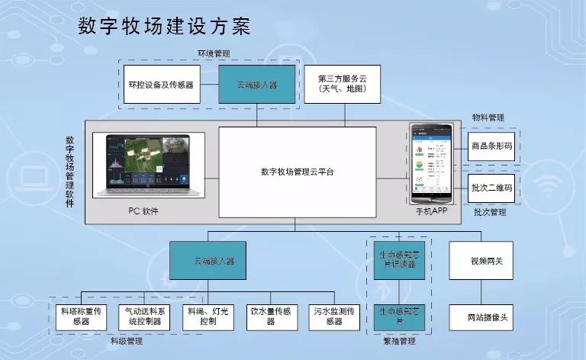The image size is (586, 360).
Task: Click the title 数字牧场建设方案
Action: tap(164, 26)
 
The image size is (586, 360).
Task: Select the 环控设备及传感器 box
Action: tap(161, 85)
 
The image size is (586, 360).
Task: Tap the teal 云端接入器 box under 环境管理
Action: tap(257, 84)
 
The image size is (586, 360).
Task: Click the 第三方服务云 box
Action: tap(341, 84)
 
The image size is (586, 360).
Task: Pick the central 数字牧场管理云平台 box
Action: tap(297, 172)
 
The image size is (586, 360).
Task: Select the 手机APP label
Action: tap(433, 211)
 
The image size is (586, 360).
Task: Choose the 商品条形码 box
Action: tap(491, 145)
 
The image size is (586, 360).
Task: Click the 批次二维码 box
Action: tap(491, 188)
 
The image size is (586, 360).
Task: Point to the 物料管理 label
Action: tap(488, 117)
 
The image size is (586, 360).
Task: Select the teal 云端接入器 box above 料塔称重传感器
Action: tap(214, 261)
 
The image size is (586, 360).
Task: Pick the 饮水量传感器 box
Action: tap(271, 316)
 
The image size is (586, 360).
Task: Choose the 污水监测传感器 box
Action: tap(333, 316)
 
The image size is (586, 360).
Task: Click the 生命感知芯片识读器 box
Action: tap(398, 260)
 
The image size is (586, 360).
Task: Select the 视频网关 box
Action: tap(486, 261)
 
